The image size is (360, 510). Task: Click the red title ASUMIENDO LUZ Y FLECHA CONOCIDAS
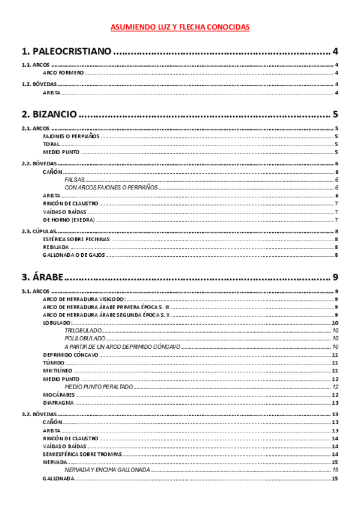point(180,27)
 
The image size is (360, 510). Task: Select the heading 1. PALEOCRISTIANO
point(66,51)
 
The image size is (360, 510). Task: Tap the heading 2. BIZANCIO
point(49,114)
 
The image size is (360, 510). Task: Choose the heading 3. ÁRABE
point(42,277)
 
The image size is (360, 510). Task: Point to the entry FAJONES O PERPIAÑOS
point(71,137)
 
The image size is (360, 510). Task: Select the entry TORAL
point(51,144)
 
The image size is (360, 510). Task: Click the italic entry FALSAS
point(75,180)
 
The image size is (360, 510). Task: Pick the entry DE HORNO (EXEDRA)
point(67,220)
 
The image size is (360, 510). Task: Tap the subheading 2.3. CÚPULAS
point(39,231)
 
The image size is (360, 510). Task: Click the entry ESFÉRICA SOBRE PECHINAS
point(76,239)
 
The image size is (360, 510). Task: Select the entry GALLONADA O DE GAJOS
point(74,255)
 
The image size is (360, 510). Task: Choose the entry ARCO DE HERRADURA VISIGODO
point(84,299)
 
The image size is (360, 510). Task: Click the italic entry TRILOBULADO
point(83,331)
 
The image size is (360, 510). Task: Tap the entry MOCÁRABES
point(59,395)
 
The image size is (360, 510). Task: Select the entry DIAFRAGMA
point(58,403)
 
